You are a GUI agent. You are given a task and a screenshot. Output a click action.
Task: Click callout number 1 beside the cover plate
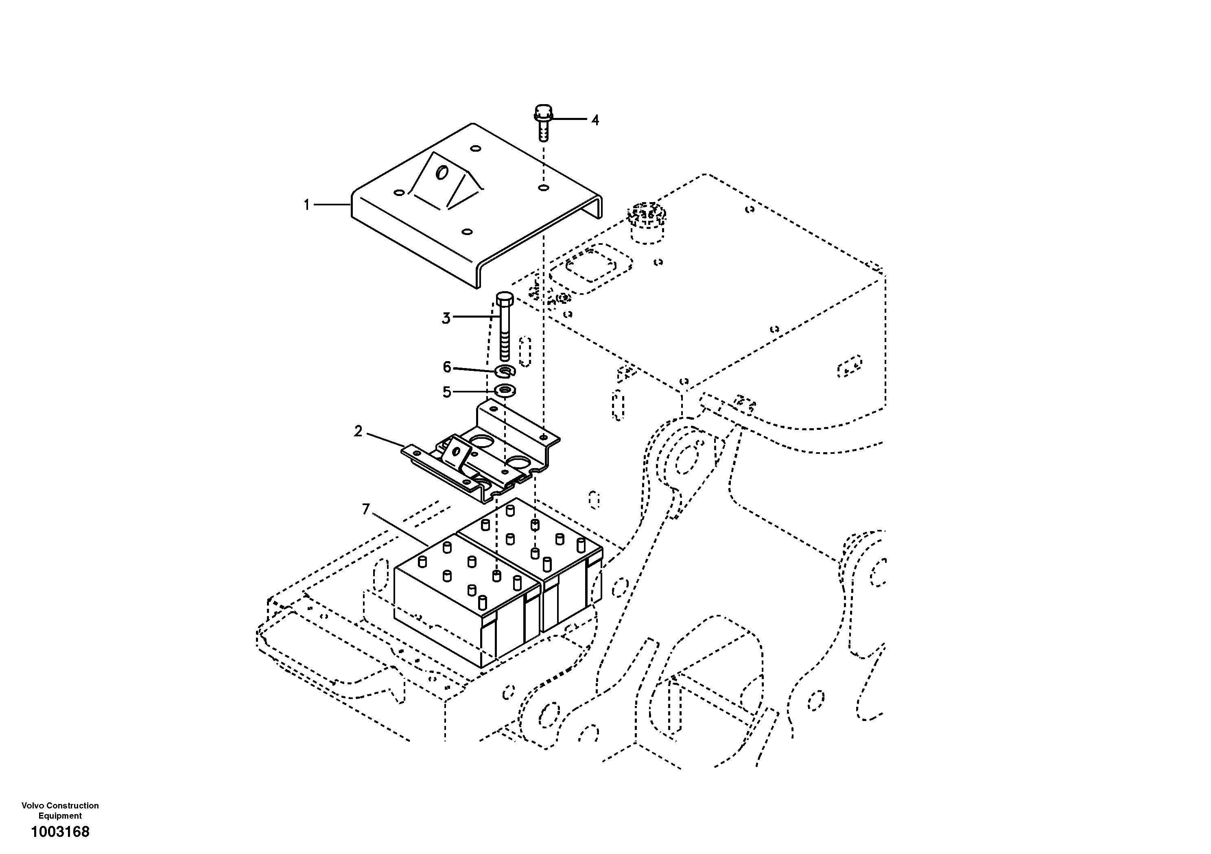pyautogui.click(x=306, y=205)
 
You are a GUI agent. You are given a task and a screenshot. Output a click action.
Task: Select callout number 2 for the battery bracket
pyautogui.click(x=358, y=432)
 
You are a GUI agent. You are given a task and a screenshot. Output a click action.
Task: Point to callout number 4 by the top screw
pyautogui.click(x=595, y=120)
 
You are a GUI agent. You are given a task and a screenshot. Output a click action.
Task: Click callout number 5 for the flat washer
pyautogui.click(x=447, y=392)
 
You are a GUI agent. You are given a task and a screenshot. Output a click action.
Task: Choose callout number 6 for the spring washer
pyautogui.click(x=447, y=367)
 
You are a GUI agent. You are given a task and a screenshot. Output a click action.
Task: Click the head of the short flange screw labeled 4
pyautogui.click(x=543, y=112)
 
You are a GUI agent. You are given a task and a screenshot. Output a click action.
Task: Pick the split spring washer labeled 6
pyautogui.click(x=505, y=372)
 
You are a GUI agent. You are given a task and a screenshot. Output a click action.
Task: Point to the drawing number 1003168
pyautogui.click(x=60, y=832)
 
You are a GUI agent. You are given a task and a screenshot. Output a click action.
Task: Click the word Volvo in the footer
pyautogui.click(x=32, y=806)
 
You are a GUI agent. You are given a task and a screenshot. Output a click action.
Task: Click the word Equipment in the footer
pyautogui.click(x=60, y=815)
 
